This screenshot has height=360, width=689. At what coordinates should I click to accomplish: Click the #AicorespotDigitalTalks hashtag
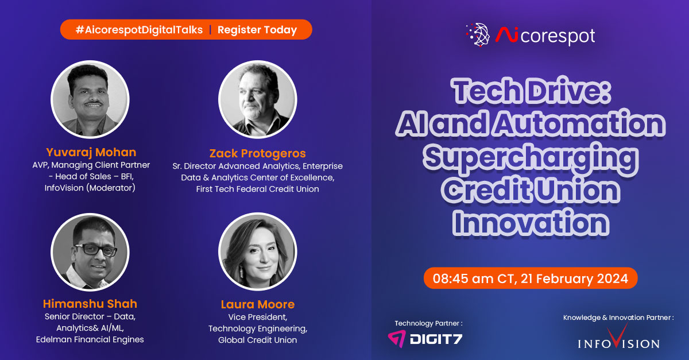click(x=139, y=30)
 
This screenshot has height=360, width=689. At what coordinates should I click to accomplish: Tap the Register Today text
click(x=257, y=30)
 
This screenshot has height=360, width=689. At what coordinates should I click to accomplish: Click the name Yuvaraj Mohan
click(x=91, y=152)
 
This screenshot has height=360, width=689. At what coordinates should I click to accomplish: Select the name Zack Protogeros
click(x=257, y=153)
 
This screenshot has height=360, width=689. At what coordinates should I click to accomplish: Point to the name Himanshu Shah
click(x=90, y=304)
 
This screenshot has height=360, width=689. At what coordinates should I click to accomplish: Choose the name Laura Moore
click(x=257, y=304)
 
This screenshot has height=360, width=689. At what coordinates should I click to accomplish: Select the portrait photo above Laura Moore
click(x=257, y=251)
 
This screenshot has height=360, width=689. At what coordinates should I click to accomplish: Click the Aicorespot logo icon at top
click(x=478, y=36)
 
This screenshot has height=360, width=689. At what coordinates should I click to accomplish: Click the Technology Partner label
click(x=428, y=323)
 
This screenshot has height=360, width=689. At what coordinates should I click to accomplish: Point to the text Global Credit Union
click(x=257, y=340)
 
